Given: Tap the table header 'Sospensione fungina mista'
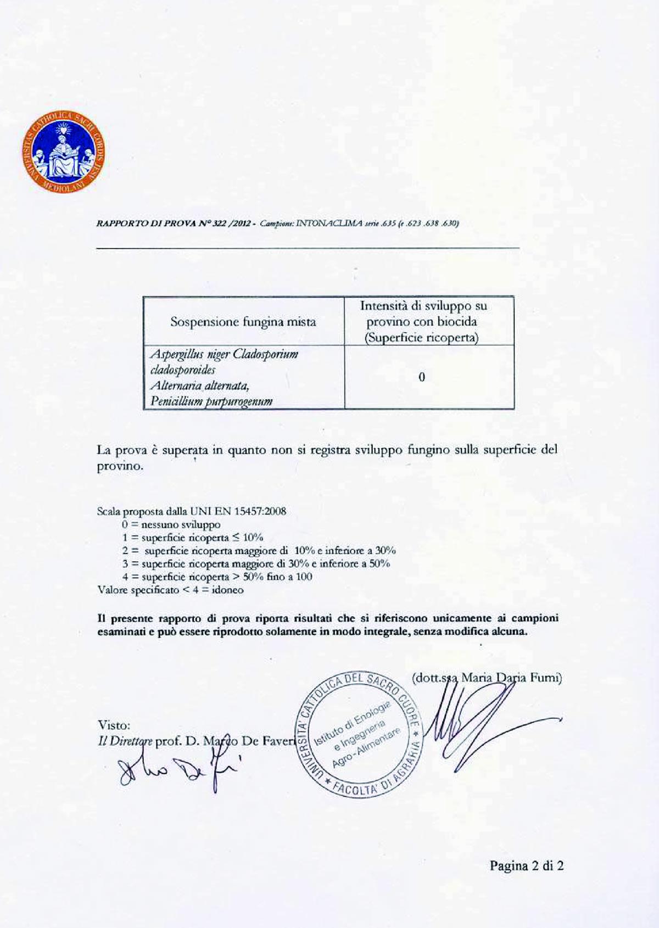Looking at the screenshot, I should [x=243, y=322].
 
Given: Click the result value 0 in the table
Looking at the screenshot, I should [x=421, y=377].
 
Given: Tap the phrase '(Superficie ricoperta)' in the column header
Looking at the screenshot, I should [x=421, y=338].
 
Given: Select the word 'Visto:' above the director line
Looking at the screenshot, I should [x=114, y=725].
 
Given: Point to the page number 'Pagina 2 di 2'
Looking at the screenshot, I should [x=527, y=866].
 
